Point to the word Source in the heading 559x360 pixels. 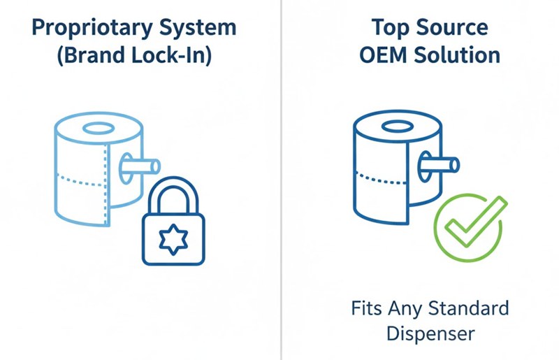click(453, 29)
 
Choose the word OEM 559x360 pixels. click(380, 56)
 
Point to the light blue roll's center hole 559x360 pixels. click(97, 130)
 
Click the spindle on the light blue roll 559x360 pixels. click(140, 166)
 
